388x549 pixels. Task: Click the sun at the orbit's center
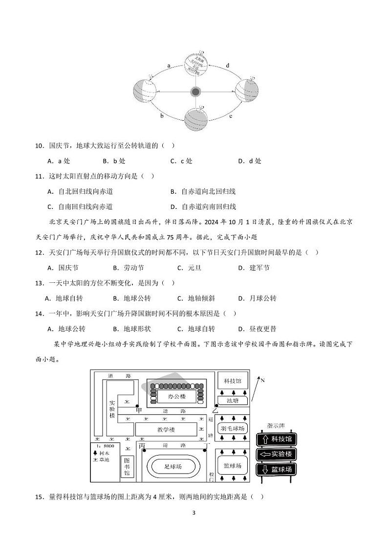[x=195, y=92]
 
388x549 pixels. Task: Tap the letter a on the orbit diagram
[x=169, y=65]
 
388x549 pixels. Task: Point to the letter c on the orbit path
[x=231, y=116]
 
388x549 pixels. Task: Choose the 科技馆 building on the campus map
[x=232, y=380]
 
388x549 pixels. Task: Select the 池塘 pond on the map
[x=233, y=400]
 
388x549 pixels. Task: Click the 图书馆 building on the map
[x=127, y=467]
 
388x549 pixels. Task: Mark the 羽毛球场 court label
[x=232, y=428]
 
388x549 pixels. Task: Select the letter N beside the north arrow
[x=262, y=380]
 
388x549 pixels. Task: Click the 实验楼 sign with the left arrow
[x=277, y=454]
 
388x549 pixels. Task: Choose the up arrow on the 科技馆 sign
[x=264, y=439]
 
